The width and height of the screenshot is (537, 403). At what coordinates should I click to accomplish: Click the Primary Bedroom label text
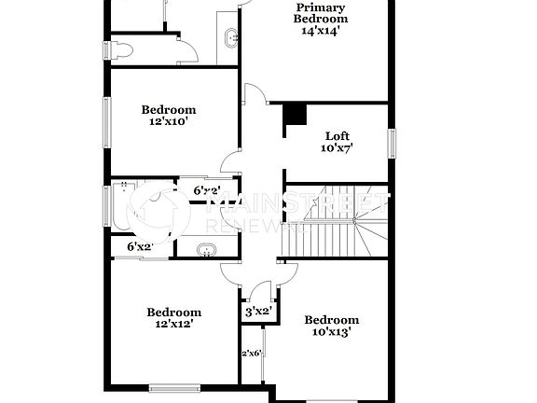click(321, 13)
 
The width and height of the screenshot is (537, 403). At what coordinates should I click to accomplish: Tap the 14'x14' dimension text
click(321, 30)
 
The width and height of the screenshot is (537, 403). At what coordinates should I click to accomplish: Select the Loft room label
click(337, 135)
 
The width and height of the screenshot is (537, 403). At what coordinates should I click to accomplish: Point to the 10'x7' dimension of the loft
click(337, 147)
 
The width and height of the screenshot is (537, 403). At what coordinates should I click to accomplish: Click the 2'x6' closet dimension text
click(251, 353)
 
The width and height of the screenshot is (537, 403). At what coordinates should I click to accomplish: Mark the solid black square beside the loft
click(295, 114)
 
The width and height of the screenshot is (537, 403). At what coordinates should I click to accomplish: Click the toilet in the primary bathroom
click(122, 51)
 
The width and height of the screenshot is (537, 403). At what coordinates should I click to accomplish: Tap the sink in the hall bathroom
click(207, 249)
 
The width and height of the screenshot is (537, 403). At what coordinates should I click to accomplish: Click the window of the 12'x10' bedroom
click(106, 121)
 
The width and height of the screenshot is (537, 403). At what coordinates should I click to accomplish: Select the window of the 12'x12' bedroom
click(174, 387)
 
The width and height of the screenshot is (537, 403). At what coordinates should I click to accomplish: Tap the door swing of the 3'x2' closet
click(250, 290)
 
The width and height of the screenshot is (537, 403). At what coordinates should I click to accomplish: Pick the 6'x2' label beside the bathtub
click(139, 246)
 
